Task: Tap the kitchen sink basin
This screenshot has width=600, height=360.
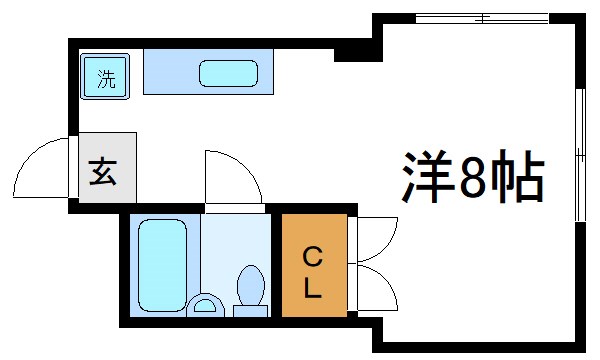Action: click(x=229, y=74)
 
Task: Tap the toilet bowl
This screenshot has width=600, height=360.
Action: click(x=250, y=284)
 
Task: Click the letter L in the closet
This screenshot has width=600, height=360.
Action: click(x=312, y=289)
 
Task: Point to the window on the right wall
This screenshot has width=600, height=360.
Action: click(x=581, y=154)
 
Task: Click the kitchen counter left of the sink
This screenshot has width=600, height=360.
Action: click(x=170, y=73)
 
